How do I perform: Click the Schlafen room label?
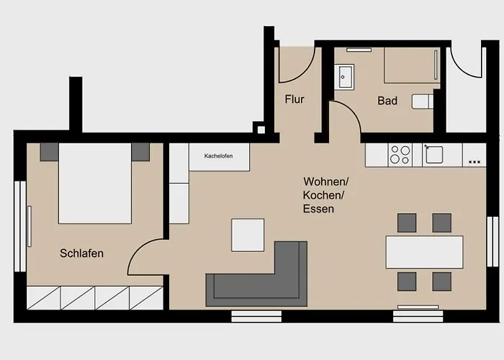click(x=82, y=253)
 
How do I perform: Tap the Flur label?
click(x=294, y=100)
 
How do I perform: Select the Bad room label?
click(x=387, y=101)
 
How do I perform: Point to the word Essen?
click(x=319, y=209)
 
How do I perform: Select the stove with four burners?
click(x=400, y=154)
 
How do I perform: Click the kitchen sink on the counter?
click(x=435, y=154)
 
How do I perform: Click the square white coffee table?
click(x=248, y=235)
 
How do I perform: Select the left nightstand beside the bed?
click(x=49, y=151)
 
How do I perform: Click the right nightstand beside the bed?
click(x=140, y=151)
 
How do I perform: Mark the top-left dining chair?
click(x=407, y=222)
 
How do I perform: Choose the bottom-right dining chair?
click(x=441, y=281)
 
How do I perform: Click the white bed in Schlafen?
click(x=94, y=184)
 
